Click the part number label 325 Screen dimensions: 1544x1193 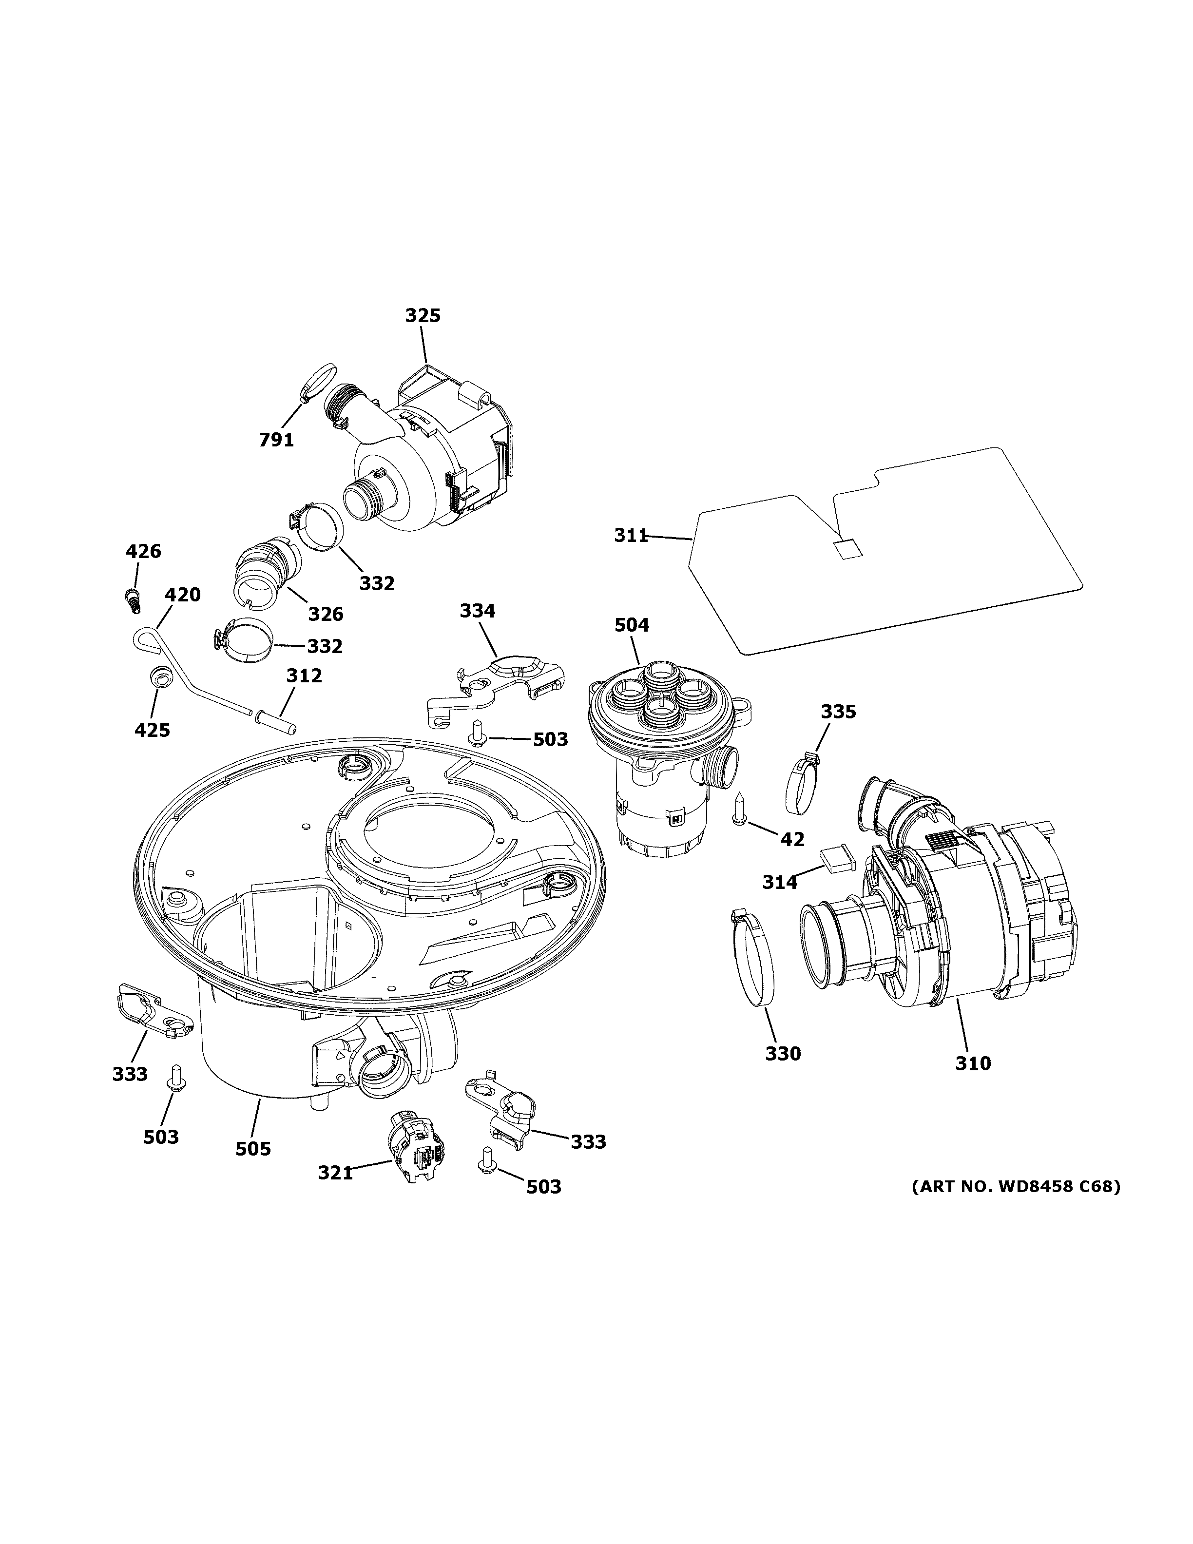pos(423,315)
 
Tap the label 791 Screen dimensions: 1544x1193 pos(276,440)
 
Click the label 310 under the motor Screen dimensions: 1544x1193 pos(973,1082)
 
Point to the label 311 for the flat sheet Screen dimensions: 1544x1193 pos(631,536)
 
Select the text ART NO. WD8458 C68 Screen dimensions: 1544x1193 pos(1016,1186)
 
